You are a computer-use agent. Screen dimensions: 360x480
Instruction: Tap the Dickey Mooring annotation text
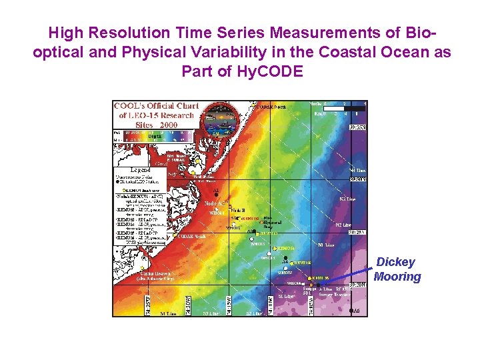pyautogui.click(x=397, y=269)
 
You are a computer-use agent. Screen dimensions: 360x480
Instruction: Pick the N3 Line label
pyautogui.click(x=348, y=199)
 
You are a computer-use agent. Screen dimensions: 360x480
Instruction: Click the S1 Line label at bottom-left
pyautogui.click(x=167, y=312)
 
